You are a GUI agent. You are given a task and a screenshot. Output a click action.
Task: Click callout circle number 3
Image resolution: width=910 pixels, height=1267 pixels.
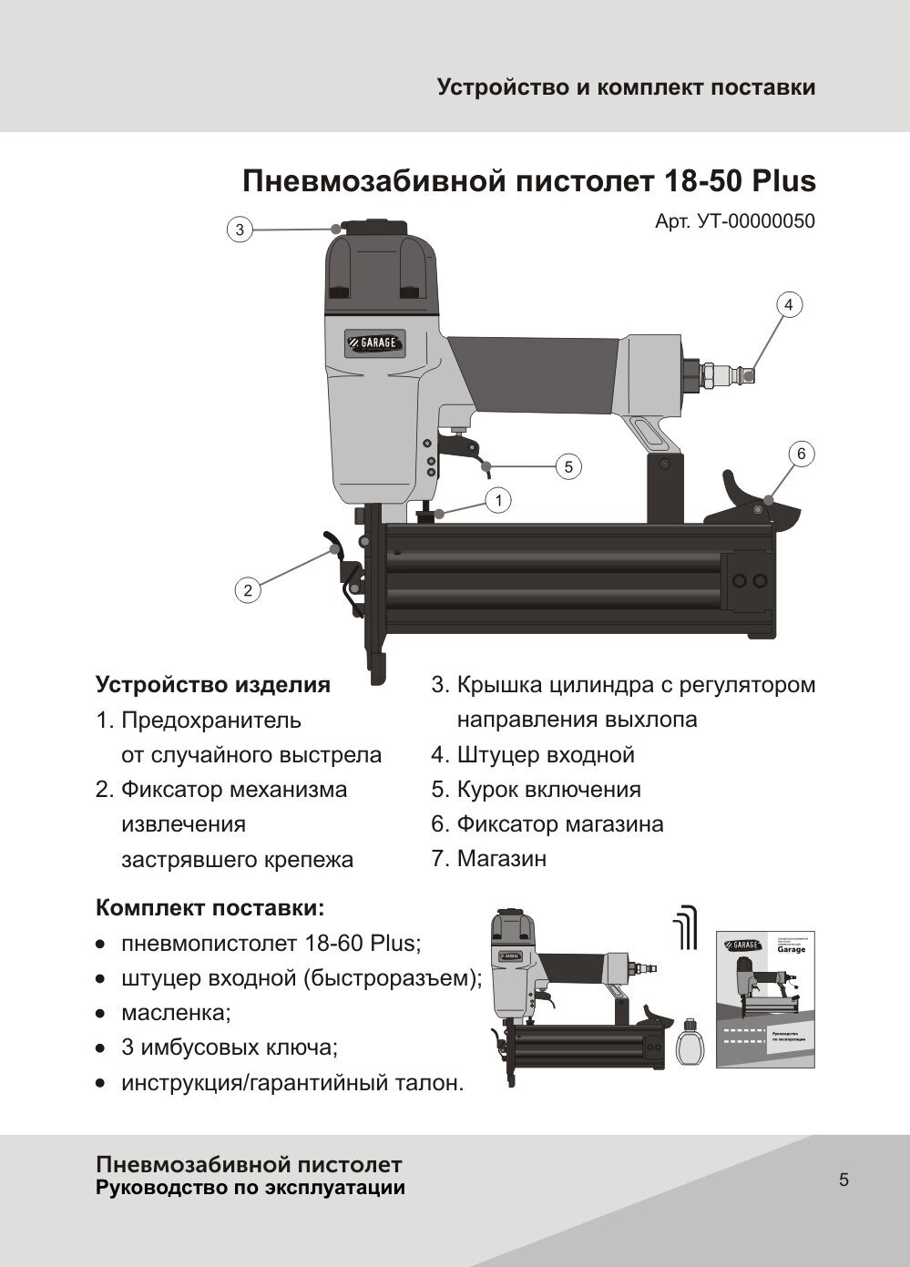click(240, 230)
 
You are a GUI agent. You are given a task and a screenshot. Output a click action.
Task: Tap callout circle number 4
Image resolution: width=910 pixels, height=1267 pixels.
click(789, 305)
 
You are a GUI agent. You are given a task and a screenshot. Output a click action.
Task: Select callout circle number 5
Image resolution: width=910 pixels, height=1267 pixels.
click(567, 466)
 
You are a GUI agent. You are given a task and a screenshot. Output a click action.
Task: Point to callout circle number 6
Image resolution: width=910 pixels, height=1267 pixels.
click(801, 454)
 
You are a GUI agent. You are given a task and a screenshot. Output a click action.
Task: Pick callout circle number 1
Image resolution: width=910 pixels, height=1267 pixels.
click(498, 499)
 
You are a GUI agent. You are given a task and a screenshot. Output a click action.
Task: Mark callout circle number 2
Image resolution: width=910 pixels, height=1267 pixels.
click(247, 590)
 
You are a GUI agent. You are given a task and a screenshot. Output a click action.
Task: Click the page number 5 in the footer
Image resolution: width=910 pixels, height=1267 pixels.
click(844, 1180)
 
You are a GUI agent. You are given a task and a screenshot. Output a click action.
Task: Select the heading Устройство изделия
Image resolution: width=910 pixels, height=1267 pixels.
click(213, 685)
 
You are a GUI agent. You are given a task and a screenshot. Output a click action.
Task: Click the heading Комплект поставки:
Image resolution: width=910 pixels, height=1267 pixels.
click(210, 908)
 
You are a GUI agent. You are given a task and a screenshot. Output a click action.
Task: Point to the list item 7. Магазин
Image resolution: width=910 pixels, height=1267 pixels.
click(489, 858)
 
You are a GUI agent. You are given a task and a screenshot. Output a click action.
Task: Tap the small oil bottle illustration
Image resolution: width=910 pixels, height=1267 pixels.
click(691, 1043)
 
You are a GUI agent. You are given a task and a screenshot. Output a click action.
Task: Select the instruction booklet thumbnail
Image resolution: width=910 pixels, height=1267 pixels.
click(765, 999)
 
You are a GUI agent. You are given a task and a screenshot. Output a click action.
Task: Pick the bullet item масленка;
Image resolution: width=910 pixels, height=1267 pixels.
click(176, 1013)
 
